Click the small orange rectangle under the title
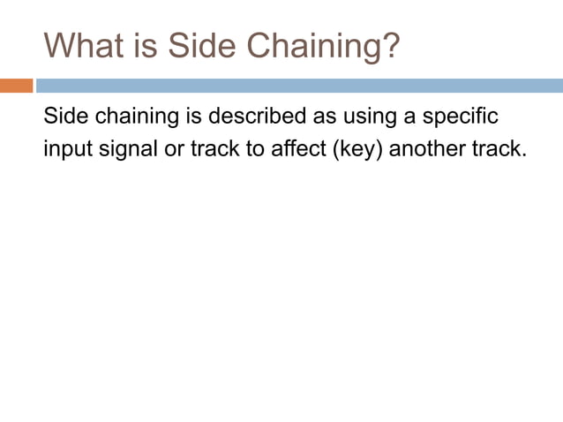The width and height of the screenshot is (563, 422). [x=16, y=86]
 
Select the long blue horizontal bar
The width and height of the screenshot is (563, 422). [x=299, y=86]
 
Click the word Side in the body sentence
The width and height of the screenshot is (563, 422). [x=64, y=117]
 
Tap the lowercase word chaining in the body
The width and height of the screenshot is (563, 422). [x=133, y=117]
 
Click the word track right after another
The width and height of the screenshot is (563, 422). [x=504, y=147]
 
